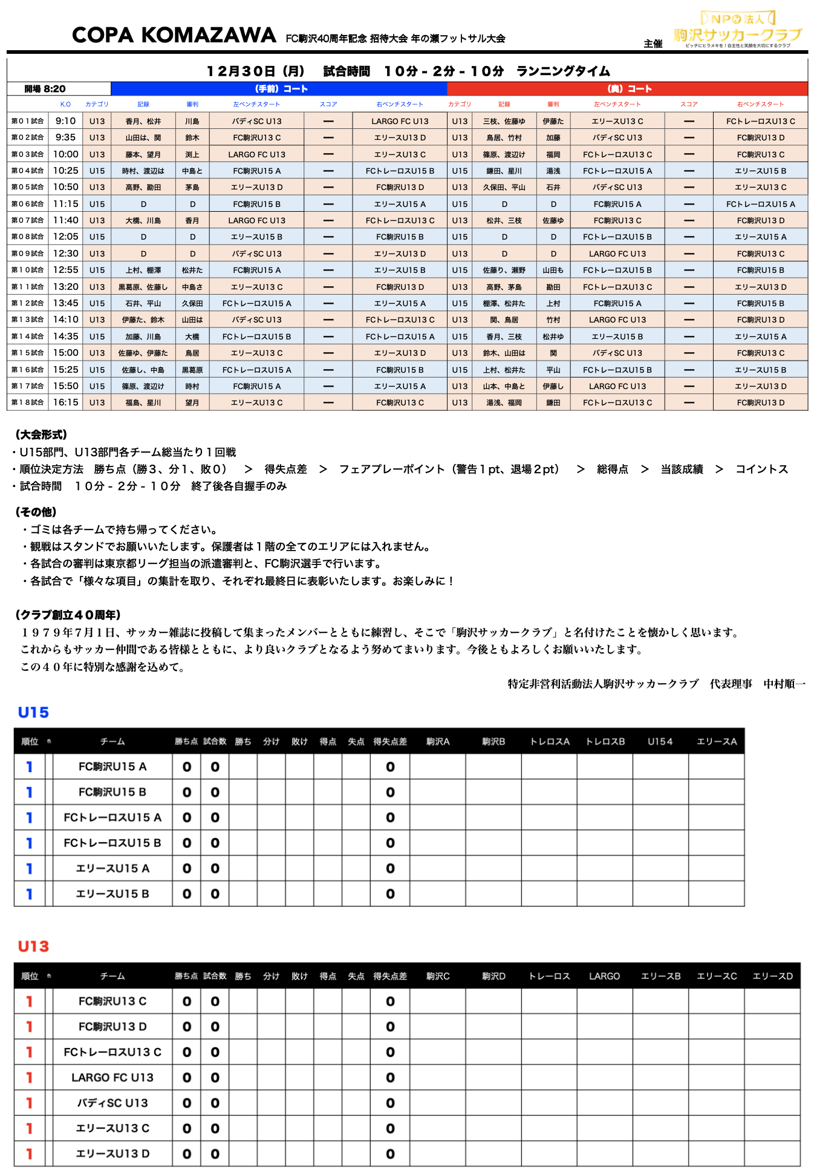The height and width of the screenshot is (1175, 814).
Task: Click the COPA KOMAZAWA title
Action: tap(174, 35)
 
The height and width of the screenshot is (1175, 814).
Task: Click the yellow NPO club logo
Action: tap(738, 30)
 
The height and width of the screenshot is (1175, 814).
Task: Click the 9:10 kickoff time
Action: tap(65, 121)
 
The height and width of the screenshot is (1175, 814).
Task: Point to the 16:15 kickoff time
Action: tap(65, 402)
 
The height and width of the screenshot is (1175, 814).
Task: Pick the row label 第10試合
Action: tap(27, 270)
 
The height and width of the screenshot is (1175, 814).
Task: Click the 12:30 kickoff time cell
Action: tap(65, 254)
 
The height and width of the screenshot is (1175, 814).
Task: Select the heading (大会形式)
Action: tap(41, 434)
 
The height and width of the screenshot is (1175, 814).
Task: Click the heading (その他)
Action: tap(36, 512)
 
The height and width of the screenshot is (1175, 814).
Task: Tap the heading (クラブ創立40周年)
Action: tap(68, 615)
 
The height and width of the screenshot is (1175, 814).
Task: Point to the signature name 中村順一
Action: tap(784, 684)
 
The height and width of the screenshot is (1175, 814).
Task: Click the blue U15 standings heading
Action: tap(33, 713)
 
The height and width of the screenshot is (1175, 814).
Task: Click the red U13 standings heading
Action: tap(33, 947)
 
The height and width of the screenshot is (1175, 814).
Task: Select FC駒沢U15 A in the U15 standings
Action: tap(112, 767)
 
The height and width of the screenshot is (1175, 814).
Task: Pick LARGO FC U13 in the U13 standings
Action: tap(112, 1078)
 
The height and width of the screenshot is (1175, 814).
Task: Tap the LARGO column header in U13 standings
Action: tap(604, 977)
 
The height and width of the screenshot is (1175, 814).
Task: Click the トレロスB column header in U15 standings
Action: tap(605, 742)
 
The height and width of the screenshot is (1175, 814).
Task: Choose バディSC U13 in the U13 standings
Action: tap(112, 1103)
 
